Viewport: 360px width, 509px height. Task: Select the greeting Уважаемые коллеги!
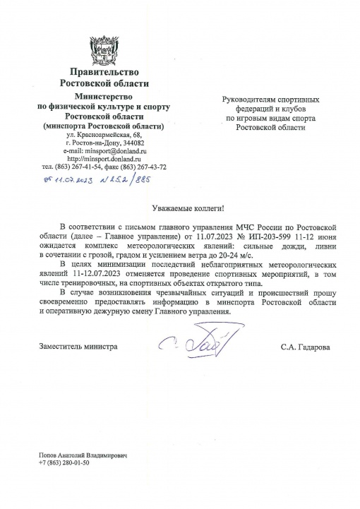[190, 210]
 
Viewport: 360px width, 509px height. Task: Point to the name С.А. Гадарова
[305, 347]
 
